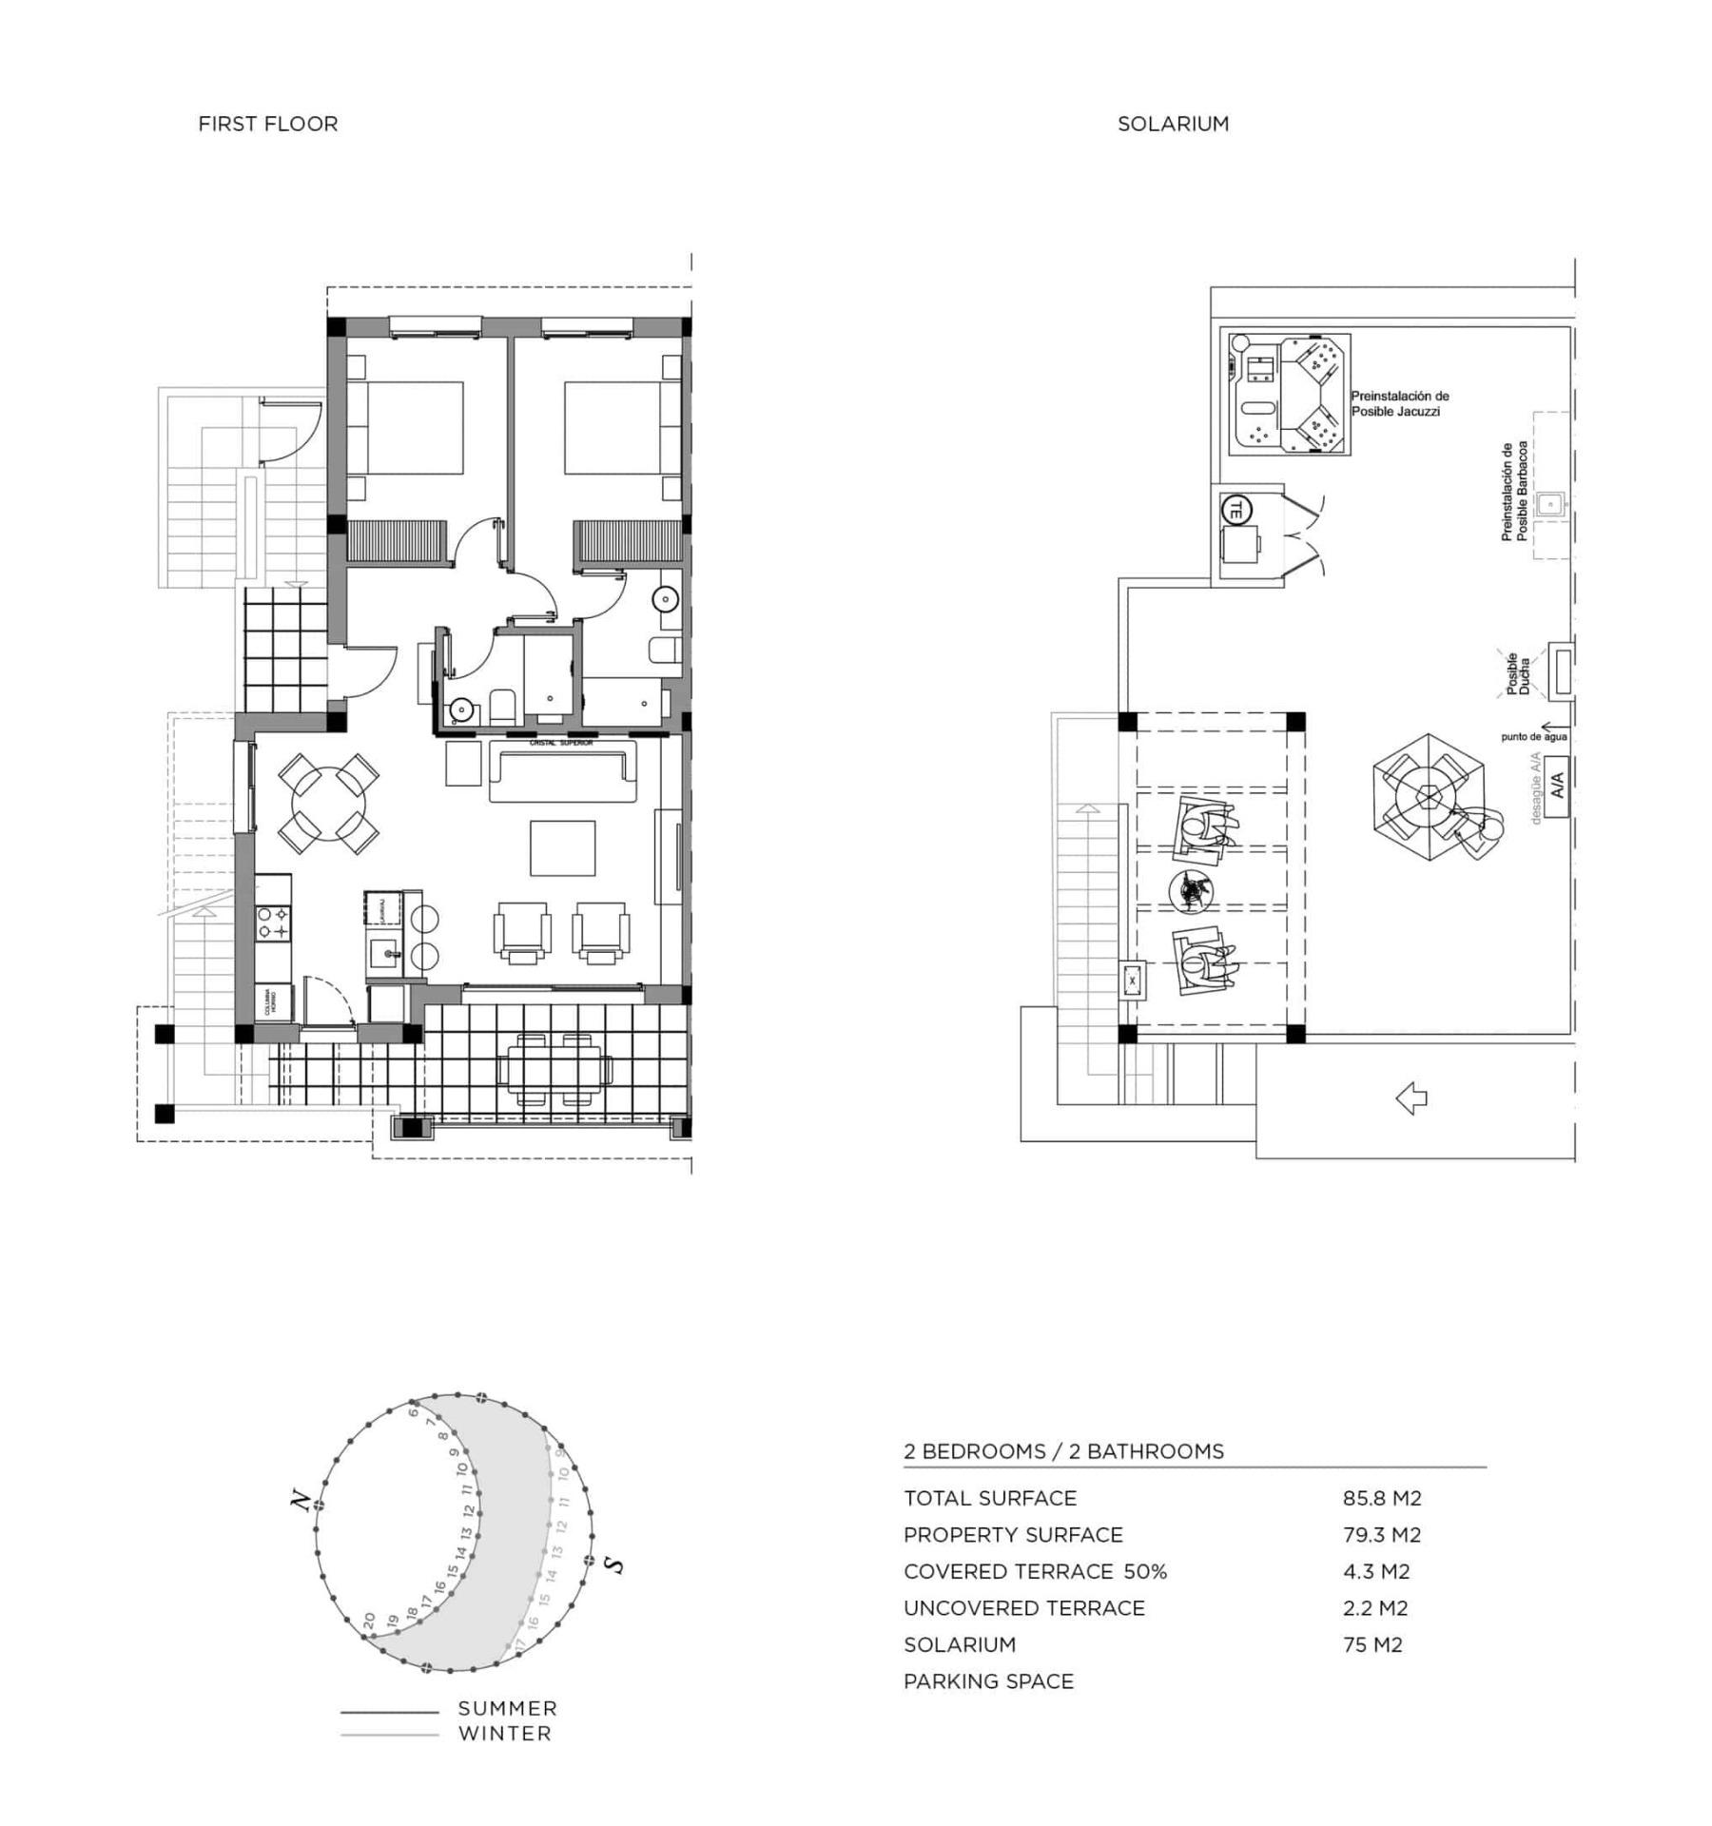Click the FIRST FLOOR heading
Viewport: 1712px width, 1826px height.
pos(267,124)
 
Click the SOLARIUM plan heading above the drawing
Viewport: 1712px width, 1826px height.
pos(1172,124)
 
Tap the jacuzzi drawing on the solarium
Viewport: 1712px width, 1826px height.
pos(1289,394)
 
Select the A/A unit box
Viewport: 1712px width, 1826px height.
pos(1556,786)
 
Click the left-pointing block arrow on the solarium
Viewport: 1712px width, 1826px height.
pos(1411,1099)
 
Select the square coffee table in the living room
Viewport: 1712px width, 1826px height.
pos(563,848)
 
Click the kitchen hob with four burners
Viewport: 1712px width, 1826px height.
pos(273,923)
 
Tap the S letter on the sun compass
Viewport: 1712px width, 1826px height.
pos(615,1565)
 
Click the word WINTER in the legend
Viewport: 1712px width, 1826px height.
pos(504,1733)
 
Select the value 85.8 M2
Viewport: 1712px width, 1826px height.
pos(1381,1499)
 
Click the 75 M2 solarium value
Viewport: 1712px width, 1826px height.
pos(1372,1645)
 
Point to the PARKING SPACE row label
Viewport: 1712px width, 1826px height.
pos(988,1681)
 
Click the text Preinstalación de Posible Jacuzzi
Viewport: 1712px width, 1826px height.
pos(1399,403)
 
